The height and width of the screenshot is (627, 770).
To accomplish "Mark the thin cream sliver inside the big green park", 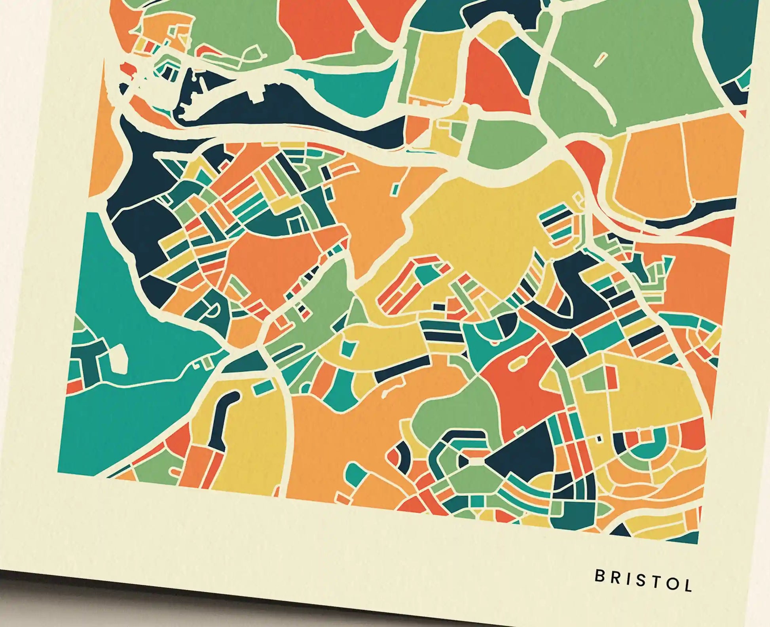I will (x=600, y=59).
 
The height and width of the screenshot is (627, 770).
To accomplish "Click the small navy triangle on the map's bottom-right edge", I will (x=624, y=530).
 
